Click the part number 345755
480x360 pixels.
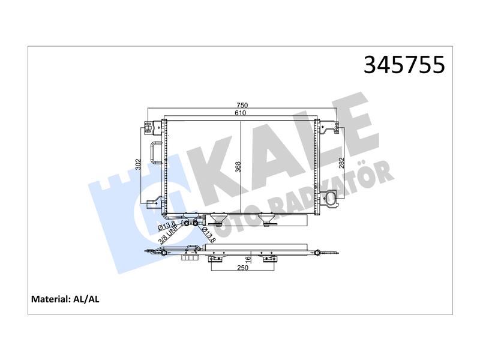tap(404, 65)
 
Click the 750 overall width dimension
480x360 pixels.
tap(242, 106)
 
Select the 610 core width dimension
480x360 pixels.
tap(241, 113)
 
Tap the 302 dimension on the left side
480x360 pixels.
tap(138, 164)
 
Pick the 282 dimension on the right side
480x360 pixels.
tap(342, 163)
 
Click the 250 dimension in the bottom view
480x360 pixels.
tap(242, 268)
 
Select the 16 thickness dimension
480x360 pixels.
tap(248, 259)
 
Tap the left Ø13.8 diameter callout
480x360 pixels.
tap(166, 226)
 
